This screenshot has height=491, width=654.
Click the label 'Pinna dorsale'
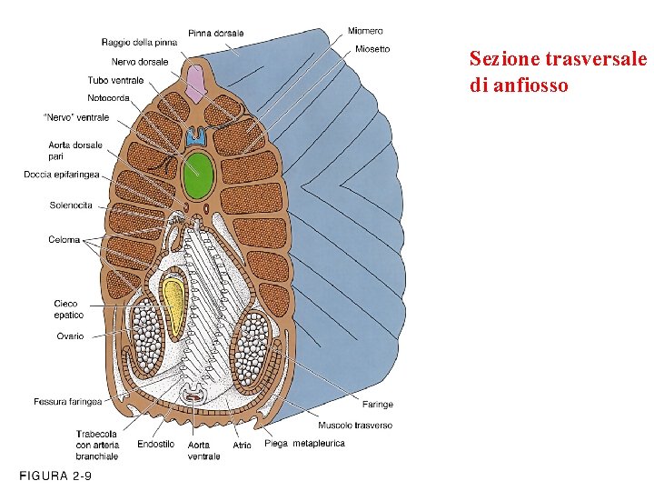point(215,34)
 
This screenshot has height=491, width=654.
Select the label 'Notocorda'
point(109,97)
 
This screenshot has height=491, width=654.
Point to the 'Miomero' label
point(365,31)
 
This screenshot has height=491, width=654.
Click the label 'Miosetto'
point(372,49)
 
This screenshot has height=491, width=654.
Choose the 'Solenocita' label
point(71,205)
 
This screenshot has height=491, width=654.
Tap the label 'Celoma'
point(64,240)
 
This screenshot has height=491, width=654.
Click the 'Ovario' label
point(69,336)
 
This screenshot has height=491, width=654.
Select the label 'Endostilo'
point(155,445)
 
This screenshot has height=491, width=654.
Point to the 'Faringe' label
point(378,405)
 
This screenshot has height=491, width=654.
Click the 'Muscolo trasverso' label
point(355,426)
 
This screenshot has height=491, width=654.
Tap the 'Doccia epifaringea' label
point(62,175)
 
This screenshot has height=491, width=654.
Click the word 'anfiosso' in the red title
point(531,85)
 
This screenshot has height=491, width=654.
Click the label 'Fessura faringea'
point(67,401)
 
